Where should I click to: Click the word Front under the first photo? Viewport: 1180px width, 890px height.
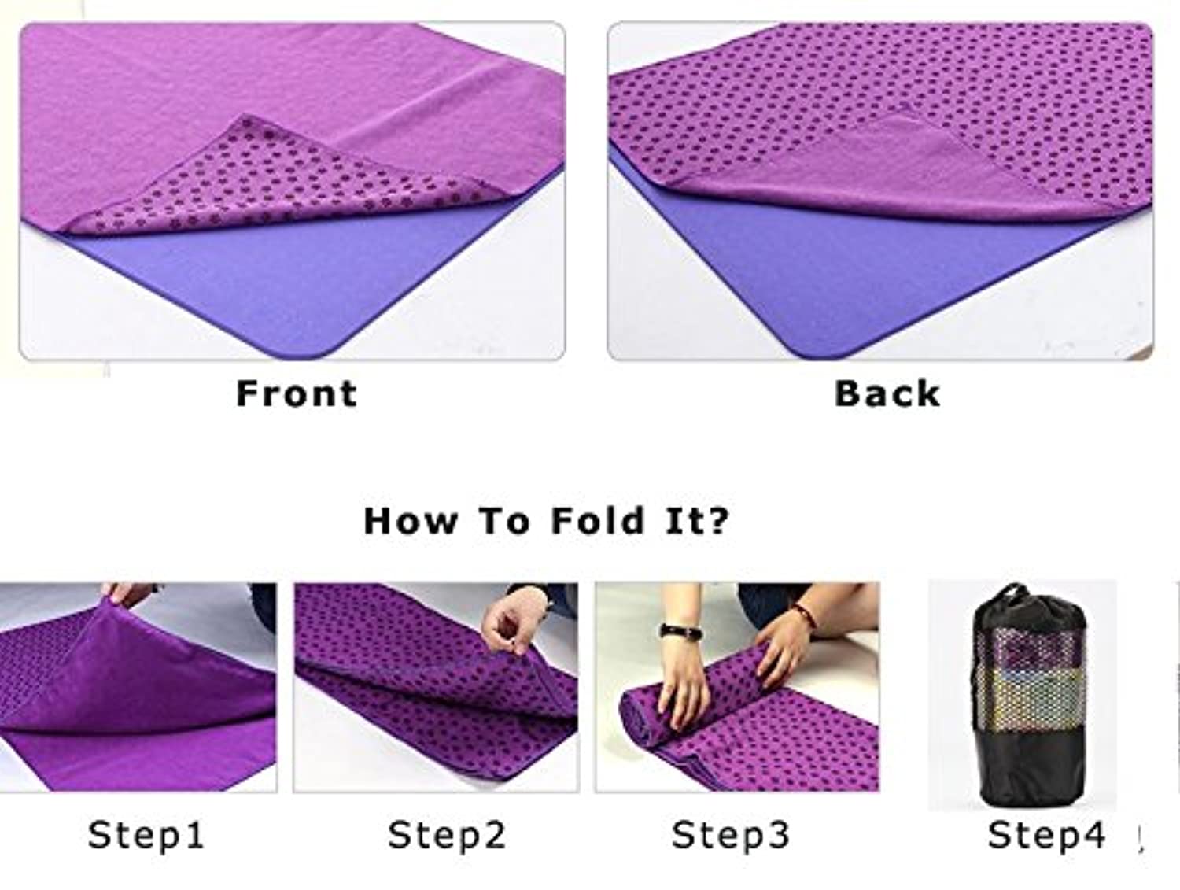pos(297,393)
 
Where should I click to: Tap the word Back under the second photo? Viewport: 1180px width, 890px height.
pos(887,393)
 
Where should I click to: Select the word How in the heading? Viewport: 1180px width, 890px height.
pos(411,521)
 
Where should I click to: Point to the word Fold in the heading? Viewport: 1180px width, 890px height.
pos(597,521)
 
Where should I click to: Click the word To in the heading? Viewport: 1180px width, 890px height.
pos(505,521)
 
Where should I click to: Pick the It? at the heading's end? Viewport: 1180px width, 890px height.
pos(697,521)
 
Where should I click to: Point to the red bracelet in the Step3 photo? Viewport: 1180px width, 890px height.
pos(806,614)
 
